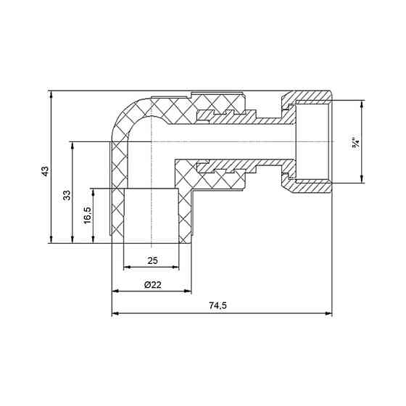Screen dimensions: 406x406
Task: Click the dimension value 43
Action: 44,172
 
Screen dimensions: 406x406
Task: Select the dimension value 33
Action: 65,196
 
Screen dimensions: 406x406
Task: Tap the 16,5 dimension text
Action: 86,216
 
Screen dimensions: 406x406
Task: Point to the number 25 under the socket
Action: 153,260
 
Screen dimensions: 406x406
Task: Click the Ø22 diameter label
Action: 152,285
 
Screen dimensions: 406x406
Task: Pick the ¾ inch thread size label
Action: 355,143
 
